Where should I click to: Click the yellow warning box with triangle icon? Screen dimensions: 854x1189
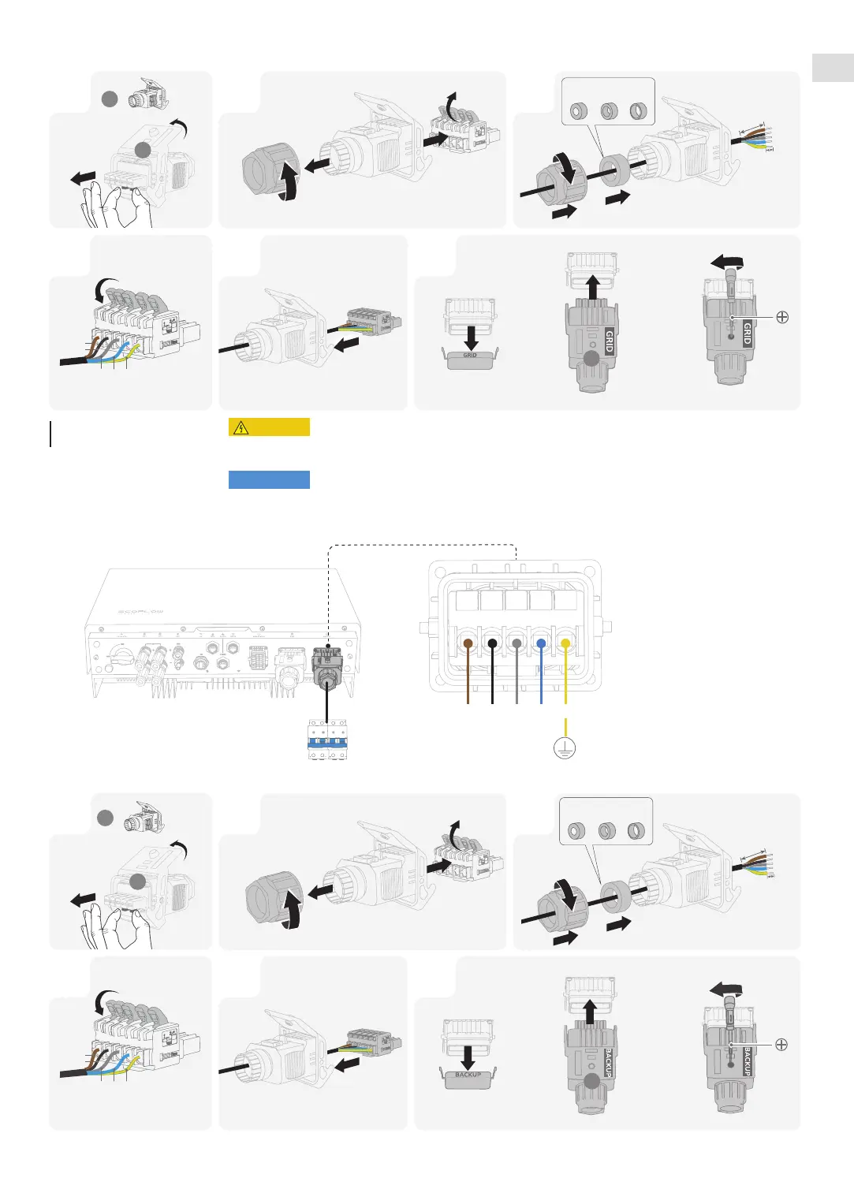[269, 427]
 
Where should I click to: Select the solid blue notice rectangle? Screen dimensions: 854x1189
[269, 479]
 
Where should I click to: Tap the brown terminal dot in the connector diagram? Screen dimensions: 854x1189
[468, 644]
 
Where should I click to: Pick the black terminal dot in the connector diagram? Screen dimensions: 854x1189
[493, 644]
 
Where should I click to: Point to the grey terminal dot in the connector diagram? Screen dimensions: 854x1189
[517, 644]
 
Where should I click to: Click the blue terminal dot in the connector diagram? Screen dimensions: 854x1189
[541, 644]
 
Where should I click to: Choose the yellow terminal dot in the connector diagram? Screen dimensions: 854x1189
[565, 644]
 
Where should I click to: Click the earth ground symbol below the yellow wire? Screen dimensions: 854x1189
[565, 747]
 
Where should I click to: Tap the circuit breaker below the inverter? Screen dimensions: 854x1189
[327, 740]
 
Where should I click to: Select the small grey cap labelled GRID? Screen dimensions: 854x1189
[470, 359]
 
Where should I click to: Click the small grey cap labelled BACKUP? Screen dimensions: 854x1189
[468, 1078]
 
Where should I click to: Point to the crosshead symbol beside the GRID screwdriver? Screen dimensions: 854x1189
[782, 317]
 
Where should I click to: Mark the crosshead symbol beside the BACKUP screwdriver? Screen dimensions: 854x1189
[781, 1045]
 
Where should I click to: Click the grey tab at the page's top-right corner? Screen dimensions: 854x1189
[833, 68]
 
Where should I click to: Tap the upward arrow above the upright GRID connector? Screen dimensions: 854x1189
[593, 287]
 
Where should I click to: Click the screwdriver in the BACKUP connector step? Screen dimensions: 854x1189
[730, 1017]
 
